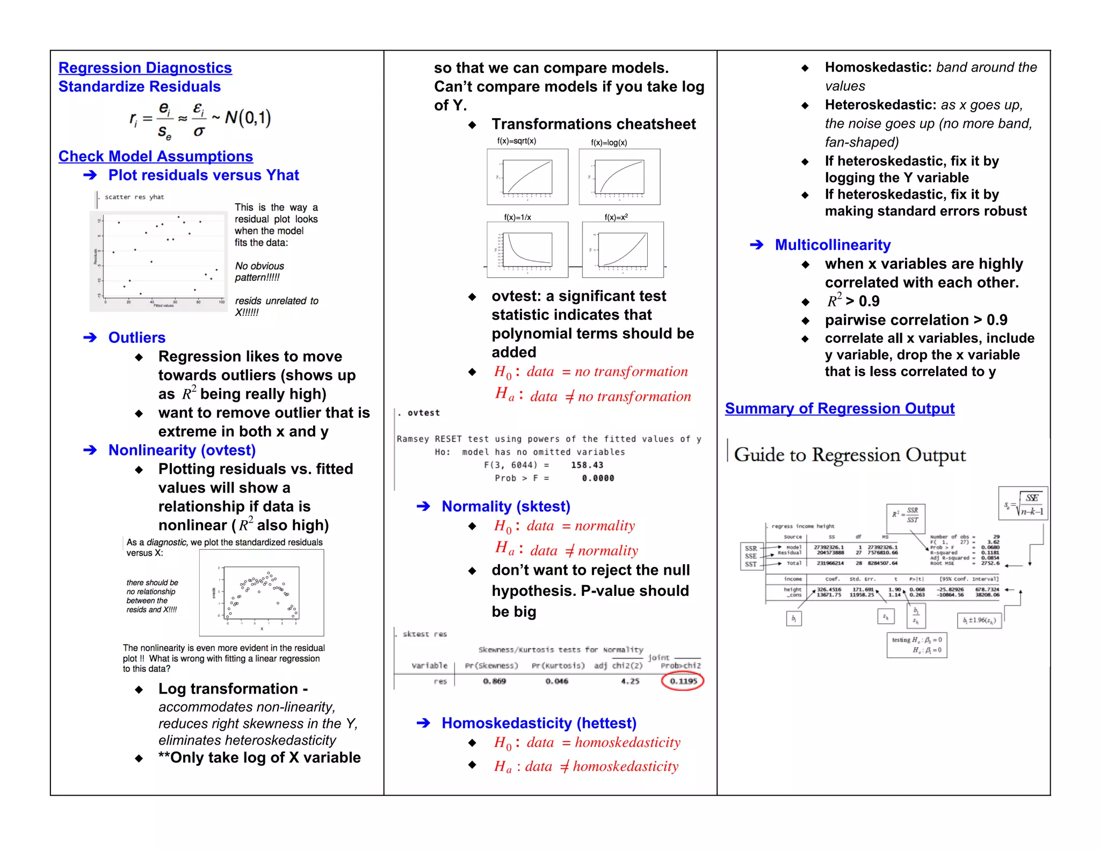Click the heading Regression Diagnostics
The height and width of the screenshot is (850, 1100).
tap(145, 68)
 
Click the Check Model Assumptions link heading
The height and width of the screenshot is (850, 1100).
tap(156, 156)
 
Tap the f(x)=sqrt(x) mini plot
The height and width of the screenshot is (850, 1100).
tap(527, 177)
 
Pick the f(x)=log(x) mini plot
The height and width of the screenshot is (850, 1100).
tap(619, 177)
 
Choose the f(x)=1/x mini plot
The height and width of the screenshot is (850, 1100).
tap(527, 249)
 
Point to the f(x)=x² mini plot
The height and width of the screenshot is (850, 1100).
tap(623, 249)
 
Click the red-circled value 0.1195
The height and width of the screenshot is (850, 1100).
tap(683, 681)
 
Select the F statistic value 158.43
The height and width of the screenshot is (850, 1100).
tap(587, 465)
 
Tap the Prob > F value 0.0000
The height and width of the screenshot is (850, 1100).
tap(598, 478)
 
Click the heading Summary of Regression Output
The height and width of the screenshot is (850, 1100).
tap(840, 409)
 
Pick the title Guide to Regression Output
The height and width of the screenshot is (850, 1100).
tap(850, 455)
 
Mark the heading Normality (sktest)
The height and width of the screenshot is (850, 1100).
tap(505, 507)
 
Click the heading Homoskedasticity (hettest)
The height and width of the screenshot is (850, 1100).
tap(539, 723)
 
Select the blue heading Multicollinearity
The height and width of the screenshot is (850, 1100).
tap(833, 245)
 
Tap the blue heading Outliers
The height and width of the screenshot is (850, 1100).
tap(137, 337)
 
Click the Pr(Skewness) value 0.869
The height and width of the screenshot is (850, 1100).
tap(494, 681)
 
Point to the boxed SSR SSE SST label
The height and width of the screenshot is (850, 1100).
tap(751, 556)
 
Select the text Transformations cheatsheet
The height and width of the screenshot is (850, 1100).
tap(594, 124)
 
